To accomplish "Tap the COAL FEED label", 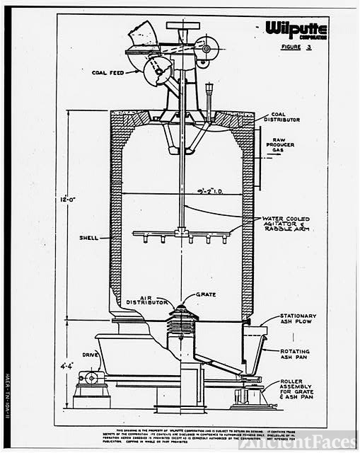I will coord(109,71).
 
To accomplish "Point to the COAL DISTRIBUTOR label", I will coord(281,116).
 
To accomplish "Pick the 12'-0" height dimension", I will coord(68,200).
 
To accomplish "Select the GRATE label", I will coord(207,294).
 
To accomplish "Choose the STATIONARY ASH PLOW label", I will coord(298,319).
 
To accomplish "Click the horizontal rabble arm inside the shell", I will coord(184,233).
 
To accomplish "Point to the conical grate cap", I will coord(182,311).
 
